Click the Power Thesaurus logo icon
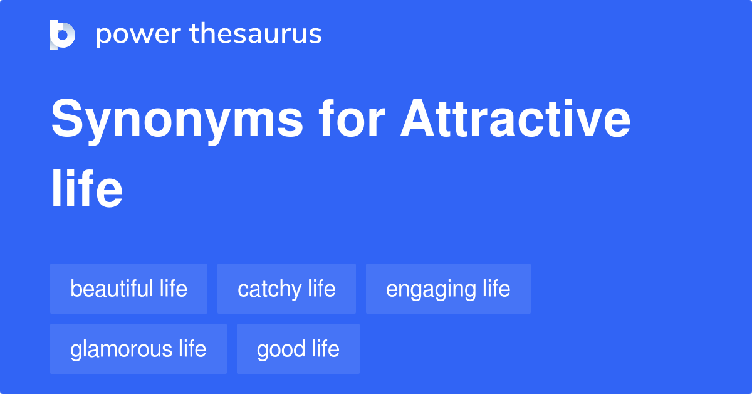63,35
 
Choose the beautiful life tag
128,289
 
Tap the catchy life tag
286,289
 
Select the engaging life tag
448,289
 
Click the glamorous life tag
138,349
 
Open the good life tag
298,349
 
